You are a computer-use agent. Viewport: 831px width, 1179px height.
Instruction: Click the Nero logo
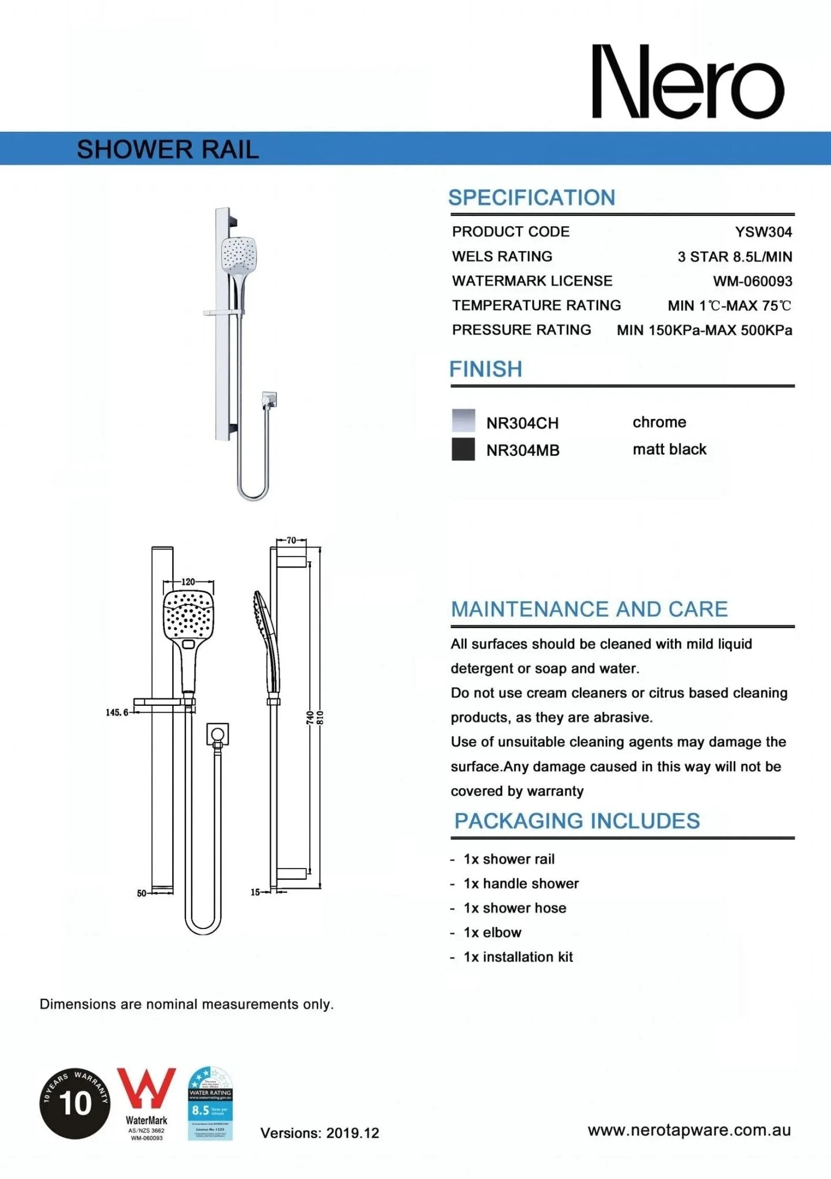coord(688,82)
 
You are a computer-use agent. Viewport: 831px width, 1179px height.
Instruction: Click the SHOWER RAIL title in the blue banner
coord(168,150)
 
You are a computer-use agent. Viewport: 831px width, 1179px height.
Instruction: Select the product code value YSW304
coord(763,232)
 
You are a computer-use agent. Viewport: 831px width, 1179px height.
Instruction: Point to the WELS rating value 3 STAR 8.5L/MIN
coord(734,257)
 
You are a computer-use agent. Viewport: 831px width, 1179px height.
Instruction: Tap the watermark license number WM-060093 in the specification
coord(752,282)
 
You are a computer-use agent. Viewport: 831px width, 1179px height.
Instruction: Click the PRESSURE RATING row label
coord(521,330)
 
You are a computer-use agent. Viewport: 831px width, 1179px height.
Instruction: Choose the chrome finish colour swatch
coord(464,421)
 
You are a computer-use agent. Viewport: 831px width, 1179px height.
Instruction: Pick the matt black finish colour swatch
coord(464,450)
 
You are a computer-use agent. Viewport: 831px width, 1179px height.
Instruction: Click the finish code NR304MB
coord(522,450)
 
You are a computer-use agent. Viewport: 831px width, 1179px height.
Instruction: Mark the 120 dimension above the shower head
coord(188,582)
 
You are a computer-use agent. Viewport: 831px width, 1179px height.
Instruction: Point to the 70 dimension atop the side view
coord(291,541)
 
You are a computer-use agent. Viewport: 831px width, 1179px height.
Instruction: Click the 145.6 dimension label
coord(117,713)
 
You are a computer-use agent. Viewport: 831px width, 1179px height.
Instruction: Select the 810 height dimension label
coord(321,718)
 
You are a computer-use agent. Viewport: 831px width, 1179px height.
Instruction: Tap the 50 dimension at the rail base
coord(142,893)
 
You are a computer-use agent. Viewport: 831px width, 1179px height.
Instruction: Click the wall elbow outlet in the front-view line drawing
coord(218,735)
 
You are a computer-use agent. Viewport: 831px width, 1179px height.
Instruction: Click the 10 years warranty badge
coord(75,1102)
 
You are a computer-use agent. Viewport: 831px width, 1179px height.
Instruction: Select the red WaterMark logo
coord(146,1093)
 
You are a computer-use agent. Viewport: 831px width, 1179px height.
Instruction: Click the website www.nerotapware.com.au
coord(689,1130)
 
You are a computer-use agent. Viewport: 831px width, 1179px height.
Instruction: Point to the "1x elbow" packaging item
coord(492,933)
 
